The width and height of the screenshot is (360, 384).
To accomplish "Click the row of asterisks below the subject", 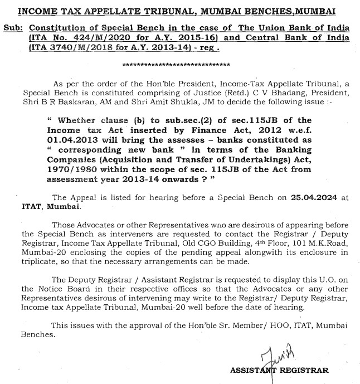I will tap(177, 64).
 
